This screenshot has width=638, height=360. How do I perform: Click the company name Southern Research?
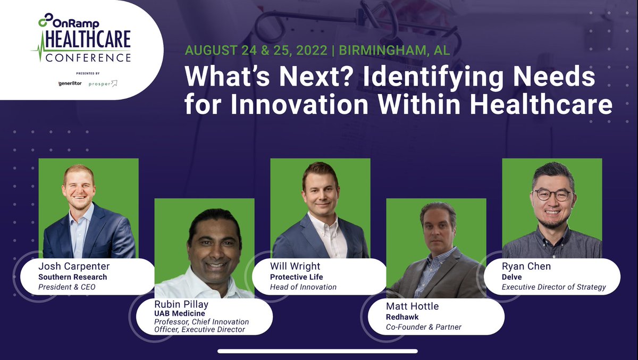[x=72, y=277]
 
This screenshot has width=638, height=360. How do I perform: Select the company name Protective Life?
[x=296, y=277]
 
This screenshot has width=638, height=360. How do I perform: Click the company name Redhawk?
[x=402, y=316]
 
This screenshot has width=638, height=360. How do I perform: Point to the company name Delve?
[x=511, y=277]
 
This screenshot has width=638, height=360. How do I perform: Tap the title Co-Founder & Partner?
[x=424, y=326]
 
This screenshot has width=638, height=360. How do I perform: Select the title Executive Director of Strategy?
[x=554, y=287]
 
